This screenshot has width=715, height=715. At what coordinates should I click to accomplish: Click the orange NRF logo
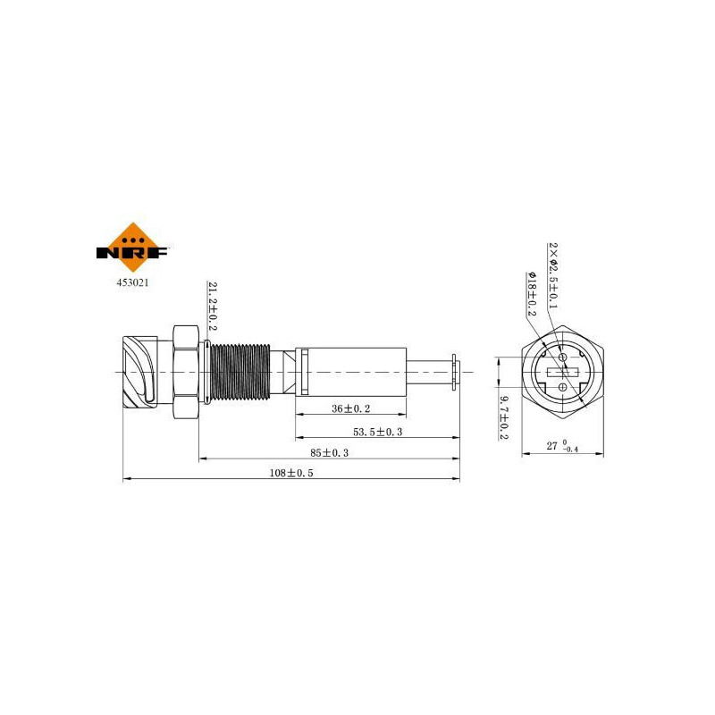pos(132,248)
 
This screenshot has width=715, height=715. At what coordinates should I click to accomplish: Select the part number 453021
pos(132,282)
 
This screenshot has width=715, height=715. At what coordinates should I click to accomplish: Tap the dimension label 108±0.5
pos(291,473)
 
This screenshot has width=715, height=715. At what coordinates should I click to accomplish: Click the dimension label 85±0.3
pos(329,453)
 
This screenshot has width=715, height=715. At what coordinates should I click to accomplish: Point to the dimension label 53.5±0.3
pos(377,432)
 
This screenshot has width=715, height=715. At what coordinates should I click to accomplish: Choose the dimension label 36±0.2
pos(350,408)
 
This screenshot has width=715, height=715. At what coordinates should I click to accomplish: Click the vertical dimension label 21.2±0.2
pos(213,306)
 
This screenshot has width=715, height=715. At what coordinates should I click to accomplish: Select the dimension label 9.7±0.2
pos(503,417)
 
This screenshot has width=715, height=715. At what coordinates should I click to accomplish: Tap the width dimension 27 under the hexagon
pos(551,446)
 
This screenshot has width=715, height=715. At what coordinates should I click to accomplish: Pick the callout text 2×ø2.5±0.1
pos(552,275)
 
